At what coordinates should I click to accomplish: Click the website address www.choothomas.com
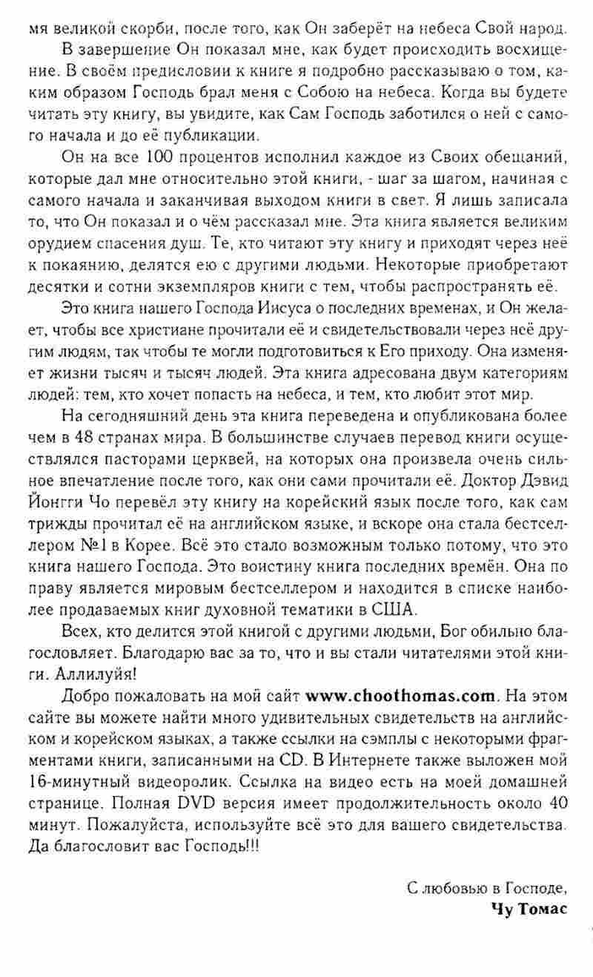coord(400,697)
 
